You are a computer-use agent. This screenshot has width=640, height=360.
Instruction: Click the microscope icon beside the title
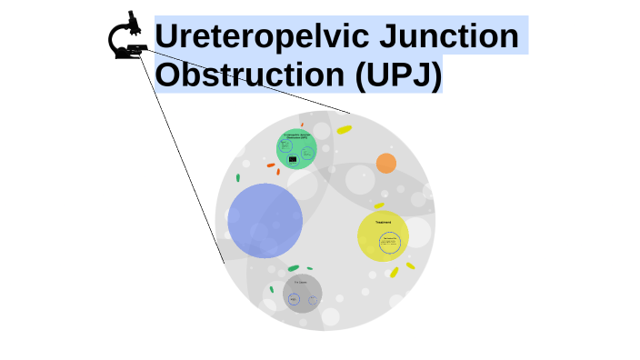tap(129, 37)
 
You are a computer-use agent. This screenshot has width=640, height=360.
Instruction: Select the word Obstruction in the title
tap(250, 75)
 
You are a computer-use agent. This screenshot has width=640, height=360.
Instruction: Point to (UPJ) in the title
tap(398, 75)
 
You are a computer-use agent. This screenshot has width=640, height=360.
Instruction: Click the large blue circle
tap(265, 220)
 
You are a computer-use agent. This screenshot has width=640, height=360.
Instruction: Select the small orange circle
tap(386, 164)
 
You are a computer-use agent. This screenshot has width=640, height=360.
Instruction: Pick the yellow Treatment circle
tap(383, 236)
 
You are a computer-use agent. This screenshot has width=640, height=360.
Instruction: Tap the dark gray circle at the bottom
tap(302, 294)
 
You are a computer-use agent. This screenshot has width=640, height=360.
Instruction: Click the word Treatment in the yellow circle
tap(383, 223)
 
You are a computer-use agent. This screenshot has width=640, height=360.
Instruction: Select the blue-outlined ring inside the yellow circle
tap(390, 243)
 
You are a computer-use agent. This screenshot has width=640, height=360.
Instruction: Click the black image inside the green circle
tap(293, 159)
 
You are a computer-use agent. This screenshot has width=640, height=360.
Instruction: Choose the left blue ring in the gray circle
tap(294, 299)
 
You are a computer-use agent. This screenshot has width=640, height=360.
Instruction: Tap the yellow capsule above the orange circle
tap(344, 130)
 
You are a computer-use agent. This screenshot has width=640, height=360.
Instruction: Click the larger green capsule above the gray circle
tap(293, 268)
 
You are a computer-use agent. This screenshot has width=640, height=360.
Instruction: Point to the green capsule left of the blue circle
tap(238, 177)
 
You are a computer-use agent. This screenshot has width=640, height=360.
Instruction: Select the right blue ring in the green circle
tap(307, 152)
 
